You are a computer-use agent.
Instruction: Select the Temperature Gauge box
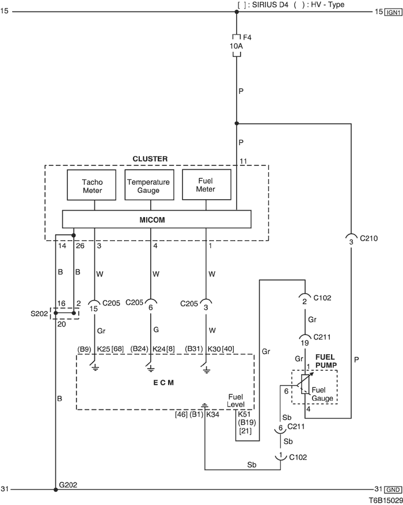point(149,185)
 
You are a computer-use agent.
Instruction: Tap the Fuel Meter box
point(206,185)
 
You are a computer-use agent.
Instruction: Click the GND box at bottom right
point(394,489)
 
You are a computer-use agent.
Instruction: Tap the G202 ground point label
point(69,485)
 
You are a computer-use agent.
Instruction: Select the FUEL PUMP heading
point(325,369)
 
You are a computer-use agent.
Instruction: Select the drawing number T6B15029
point(379,500)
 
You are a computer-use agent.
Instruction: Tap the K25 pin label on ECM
point(104,348)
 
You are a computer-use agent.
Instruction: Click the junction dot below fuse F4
point(237,123)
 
